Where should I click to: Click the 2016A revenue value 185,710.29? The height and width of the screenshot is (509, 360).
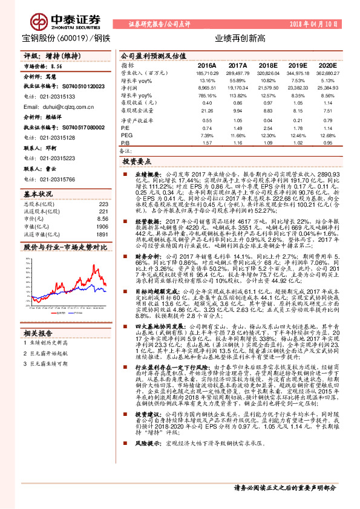(x=206, y=73)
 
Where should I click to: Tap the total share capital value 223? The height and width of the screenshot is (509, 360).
(x=103, y=204)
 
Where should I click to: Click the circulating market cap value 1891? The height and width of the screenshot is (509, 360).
(x=102, y=234)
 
